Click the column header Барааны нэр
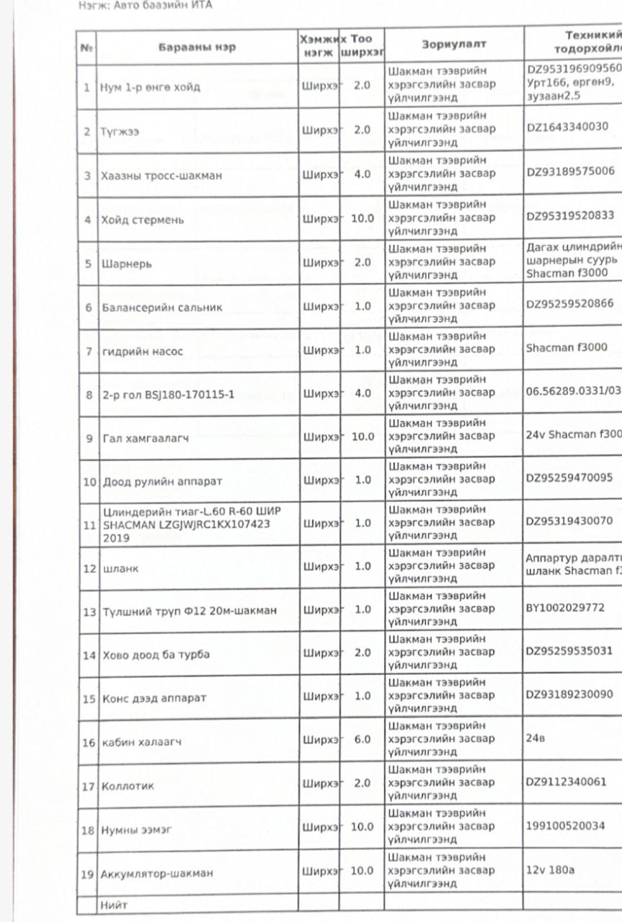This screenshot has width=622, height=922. click(x=197, y=47)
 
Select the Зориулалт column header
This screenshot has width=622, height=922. click(x=453, y=44)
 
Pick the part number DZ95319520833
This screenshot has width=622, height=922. click(x=570, y=215)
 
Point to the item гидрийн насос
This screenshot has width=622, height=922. click(x=142, y=352)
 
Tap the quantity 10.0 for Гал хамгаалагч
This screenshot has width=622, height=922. click(x=363, y=437)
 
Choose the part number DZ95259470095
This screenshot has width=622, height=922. click(x=569, y=477)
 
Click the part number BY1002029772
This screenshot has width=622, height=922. click(x=564, y=608)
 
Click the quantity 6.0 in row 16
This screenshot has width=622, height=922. click(x=363, y=739)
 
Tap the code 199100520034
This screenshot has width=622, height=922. click(x=565, y=825)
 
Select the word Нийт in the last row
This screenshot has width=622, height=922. click(x=113, y=902)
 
